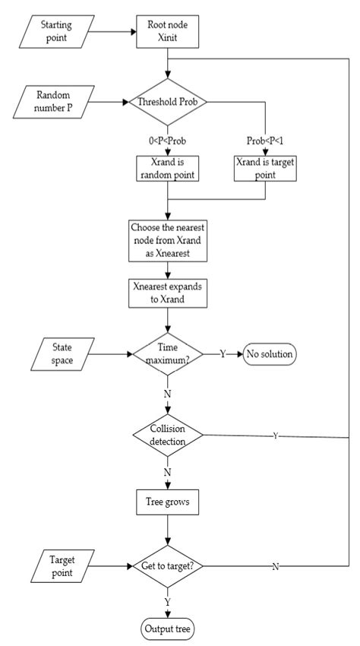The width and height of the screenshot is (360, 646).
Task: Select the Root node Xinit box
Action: point(167,32)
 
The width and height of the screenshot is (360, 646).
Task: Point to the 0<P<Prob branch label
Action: point(166,141)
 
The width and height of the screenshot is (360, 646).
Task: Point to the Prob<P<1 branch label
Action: point(264,141)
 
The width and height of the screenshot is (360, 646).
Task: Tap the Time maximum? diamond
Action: point(167,353)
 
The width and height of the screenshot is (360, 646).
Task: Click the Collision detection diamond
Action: point(167,435)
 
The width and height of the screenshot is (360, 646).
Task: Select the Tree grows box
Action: point(167,502)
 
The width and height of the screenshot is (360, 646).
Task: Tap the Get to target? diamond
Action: point(167,566)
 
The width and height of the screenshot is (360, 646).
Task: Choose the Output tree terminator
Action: point(167,629)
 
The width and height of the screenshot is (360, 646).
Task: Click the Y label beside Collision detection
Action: point(274,436)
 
